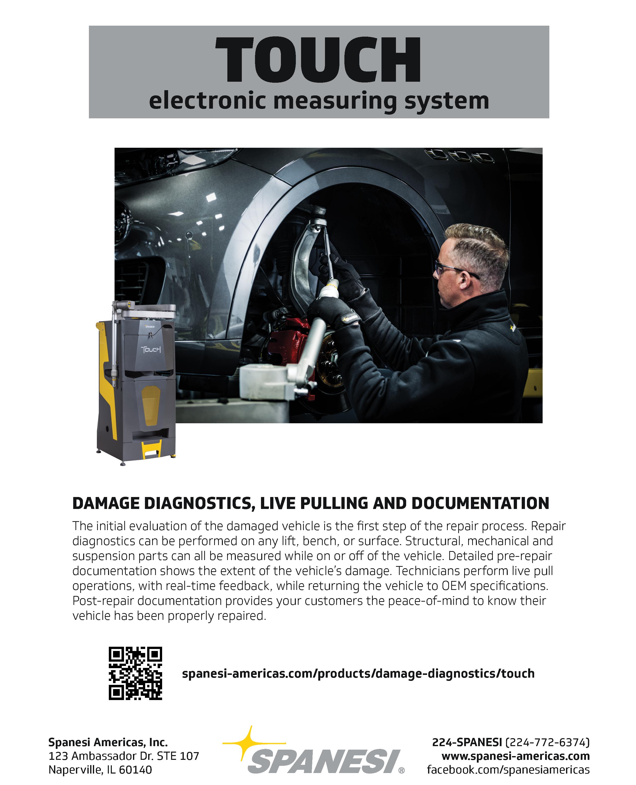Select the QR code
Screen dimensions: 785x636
coord(135,673)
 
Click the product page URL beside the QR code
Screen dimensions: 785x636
coord(358,673)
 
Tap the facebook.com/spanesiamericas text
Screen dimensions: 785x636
coord(508,769)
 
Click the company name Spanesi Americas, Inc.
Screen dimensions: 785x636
coord(108,742)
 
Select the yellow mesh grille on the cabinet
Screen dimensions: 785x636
coord(151,405)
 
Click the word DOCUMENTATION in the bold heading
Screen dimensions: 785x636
coord(480,503)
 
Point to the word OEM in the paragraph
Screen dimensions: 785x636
coord(454,586)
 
